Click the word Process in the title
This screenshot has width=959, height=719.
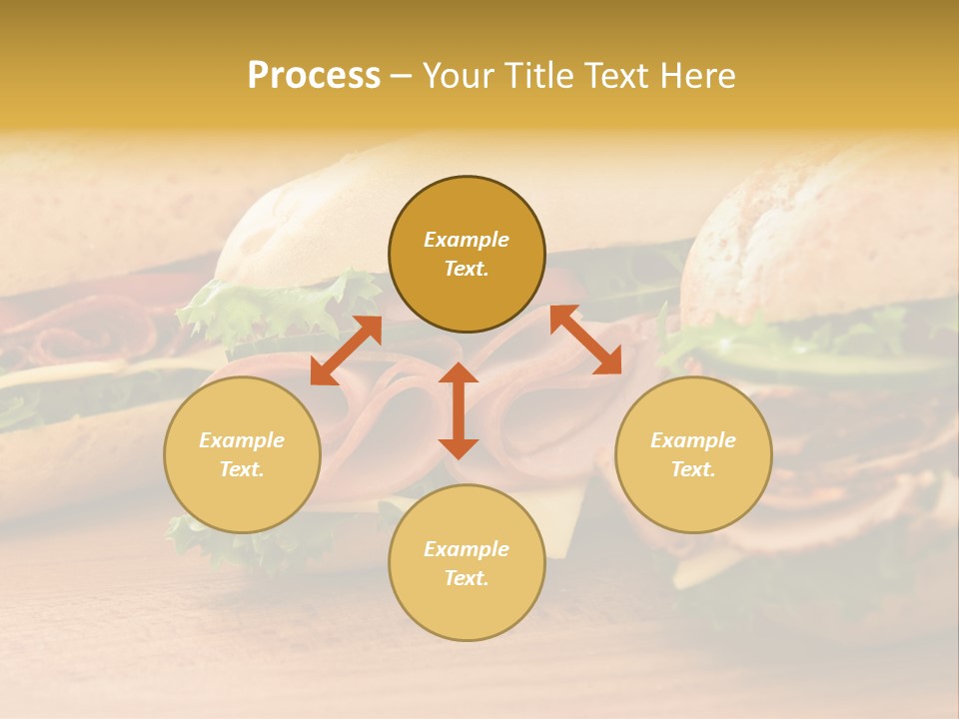click(x=314, y=76)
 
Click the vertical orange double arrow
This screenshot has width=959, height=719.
click(x=459, y=410)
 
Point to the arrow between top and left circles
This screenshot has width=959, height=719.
click(x=346, y=351)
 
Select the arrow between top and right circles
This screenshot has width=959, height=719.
click(x=585, y=340)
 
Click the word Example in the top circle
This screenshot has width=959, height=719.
click(x=467, y=240)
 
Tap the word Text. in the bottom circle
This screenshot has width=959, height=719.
click(x=467, y=578)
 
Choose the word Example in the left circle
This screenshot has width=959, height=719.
click(x=242, y=440)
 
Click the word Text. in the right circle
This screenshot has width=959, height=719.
click(x=693, y=469)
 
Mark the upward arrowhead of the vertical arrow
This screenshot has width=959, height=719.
click(x=459, y=373)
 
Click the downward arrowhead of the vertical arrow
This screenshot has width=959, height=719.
click(x=459, y=448)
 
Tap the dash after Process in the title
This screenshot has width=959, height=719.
click(x=401, y=77)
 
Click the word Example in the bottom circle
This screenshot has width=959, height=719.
click(x=467, y=549)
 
